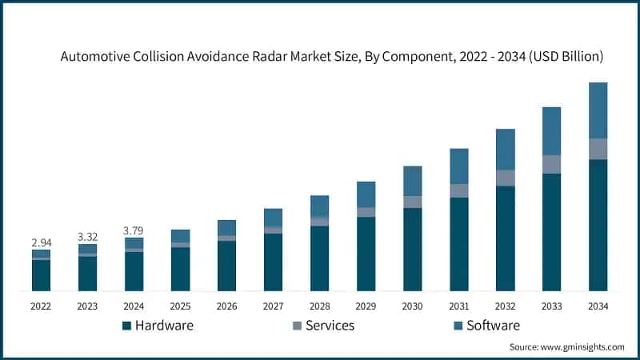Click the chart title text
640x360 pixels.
click(x=331, y=57)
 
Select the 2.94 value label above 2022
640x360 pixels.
click(x=41, y=241)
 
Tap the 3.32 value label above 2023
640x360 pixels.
click(x=87, y=236)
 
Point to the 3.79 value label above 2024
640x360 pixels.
click(x=134, y=230)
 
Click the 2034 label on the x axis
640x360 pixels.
click(x=598, y=306)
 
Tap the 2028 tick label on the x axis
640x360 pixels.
click(x=319, y=306)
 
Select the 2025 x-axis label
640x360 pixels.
click(x=180, y=306)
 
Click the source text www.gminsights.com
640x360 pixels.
click(x=566, y=347)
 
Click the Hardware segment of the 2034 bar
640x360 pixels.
click(x=598, y=225)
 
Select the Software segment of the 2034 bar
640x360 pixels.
click(x=598, y=110)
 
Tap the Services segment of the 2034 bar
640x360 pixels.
click(x=598, y=149)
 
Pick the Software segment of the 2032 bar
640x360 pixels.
click(x=505, y=149)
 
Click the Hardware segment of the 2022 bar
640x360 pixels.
click(x=41, y=275)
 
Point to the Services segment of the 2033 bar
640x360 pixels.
click(x=551, y=164)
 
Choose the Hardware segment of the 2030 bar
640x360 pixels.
click(x=412, y=249)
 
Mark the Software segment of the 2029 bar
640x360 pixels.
click(x=366, y=194)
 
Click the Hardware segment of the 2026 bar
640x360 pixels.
click(x=226, y=266)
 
